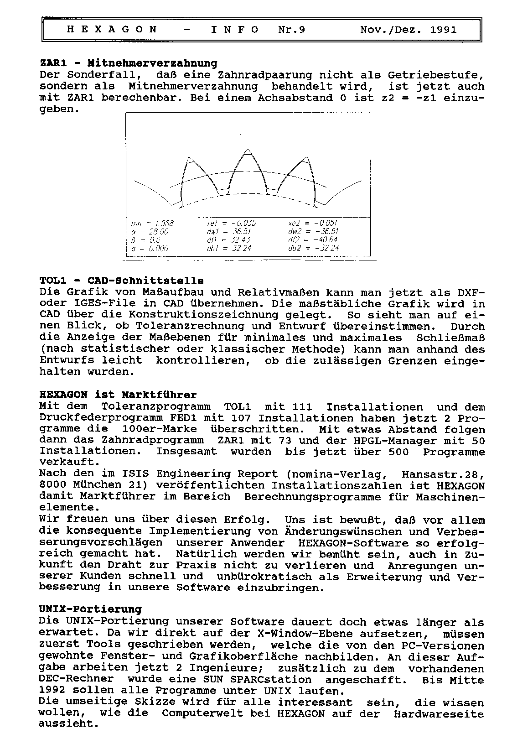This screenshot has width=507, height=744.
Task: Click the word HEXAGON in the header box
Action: tap(112, 30)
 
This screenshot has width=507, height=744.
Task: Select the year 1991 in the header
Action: tap(443, 30)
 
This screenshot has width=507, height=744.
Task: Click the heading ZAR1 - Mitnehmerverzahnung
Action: tap(129, 63)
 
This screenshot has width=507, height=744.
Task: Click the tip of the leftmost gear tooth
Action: tap(189, 158)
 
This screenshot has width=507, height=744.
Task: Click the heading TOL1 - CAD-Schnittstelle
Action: tap(122, 281)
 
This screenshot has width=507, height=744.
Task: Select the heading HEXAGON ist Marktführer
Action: tap(119, 395)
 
